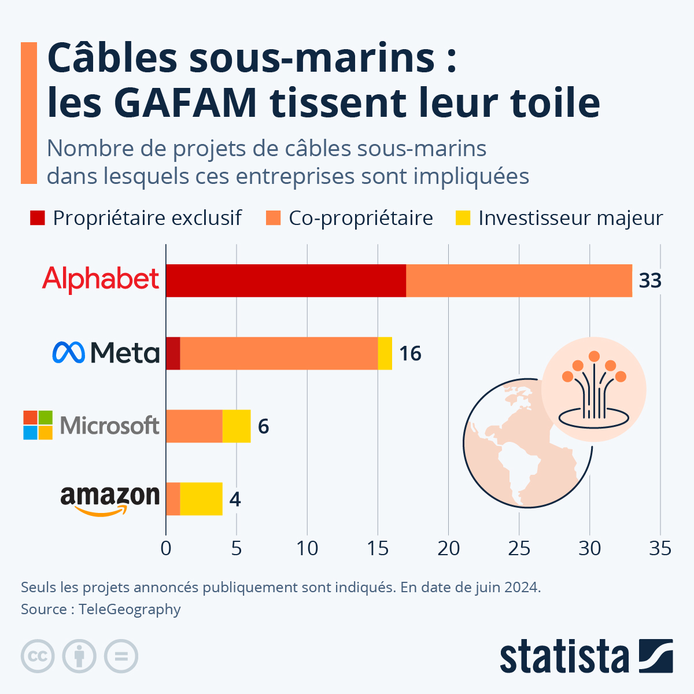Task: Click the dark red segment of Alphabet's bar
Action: [286, 281]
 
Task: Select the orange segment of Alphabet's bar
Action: [519, 281]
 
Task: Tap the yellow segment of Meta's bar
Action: [385, 353]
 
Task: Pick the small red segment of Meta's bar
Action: [173, 353]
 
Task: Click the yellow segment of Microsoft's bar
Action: [237, 426]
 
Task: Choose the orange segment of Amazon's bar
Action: [173, 499]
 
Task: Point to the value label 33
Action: [649, 281]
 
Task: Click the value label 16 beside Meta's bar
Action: [410, 353]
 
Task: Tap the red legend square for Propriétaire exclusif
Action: [38, 218]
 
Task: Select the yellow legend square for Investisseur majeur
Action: [463, 218]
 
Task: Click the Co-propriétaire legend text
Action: [360, 218]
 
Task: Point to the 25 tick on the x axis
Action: [519, 548]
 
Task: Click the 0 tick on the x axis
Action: [166, 548]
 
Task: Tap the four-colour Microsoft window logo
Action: [38, 425]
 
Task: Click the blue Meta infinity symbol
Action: [68, 352]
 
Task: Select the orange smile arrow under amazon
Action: [101, 511]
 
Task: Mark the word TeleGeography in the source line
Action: [130, 610]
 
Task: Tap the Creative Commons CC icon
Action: [38, 656]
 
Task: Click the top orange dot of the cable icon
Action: [594, 356]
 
